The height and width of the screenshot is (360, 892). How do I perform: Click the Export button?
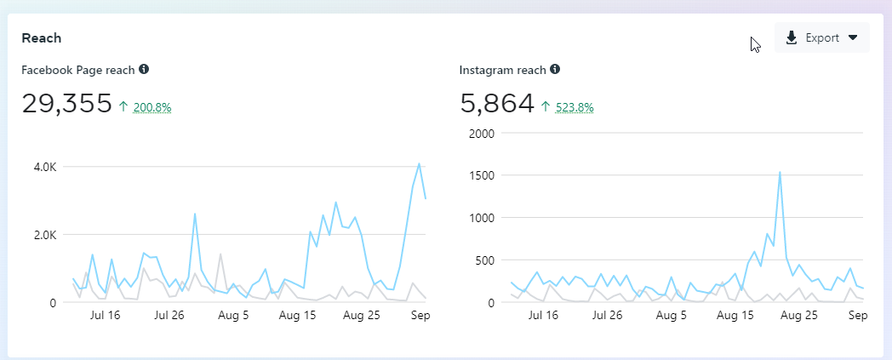coord(821,38)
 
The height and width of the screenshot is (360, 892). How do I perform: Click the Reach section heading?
coord(41,38)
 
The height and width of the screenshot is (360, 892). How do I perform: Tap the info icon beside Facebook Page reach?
coord(144,69)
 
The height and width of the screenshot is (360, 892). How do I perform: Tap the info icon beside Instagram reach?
coord(555,69)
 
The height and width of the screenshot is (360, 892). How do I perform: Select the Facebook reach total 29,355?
coord(67,104)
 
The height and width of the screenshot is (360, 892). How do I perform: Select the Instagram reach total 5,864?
coord(497,104)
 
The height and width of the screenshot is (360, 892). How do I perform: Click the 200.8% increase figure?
coord(152,107)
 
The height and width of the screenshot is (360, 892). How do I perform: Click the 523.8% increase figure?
coord(575,107)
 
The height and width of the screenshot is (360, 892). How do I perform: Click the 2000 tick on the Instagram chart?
coord(481,133)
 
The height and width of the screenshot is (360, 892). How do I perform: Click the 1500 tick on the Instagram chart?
coord(481,175)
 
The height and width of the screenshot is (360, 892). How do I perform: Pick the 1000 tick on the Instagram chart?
coord(481,218)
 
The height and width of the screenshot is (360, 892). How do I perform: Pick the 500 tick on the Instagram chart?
coord(483,260)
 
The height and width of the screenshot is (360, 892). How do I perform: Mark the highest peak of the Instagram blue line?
coord(780,172)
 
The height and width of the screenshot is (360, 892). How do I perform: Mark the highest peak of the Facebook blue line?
coord(419,163)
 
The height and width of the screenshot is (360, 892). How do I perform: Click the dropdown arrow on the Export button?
coord(853,38)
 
